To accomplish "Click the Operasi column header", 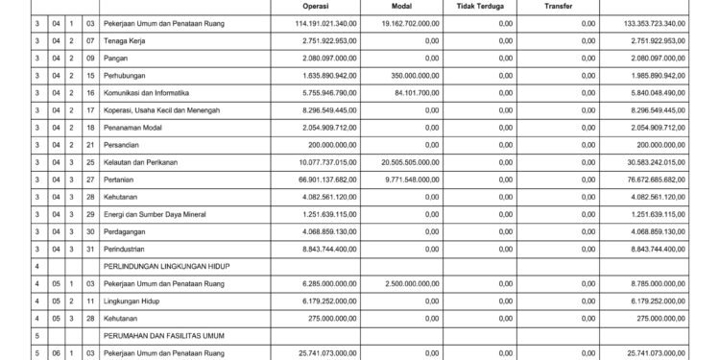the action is (289, 6).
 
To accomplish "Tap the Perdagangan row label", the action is (129, 248).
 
